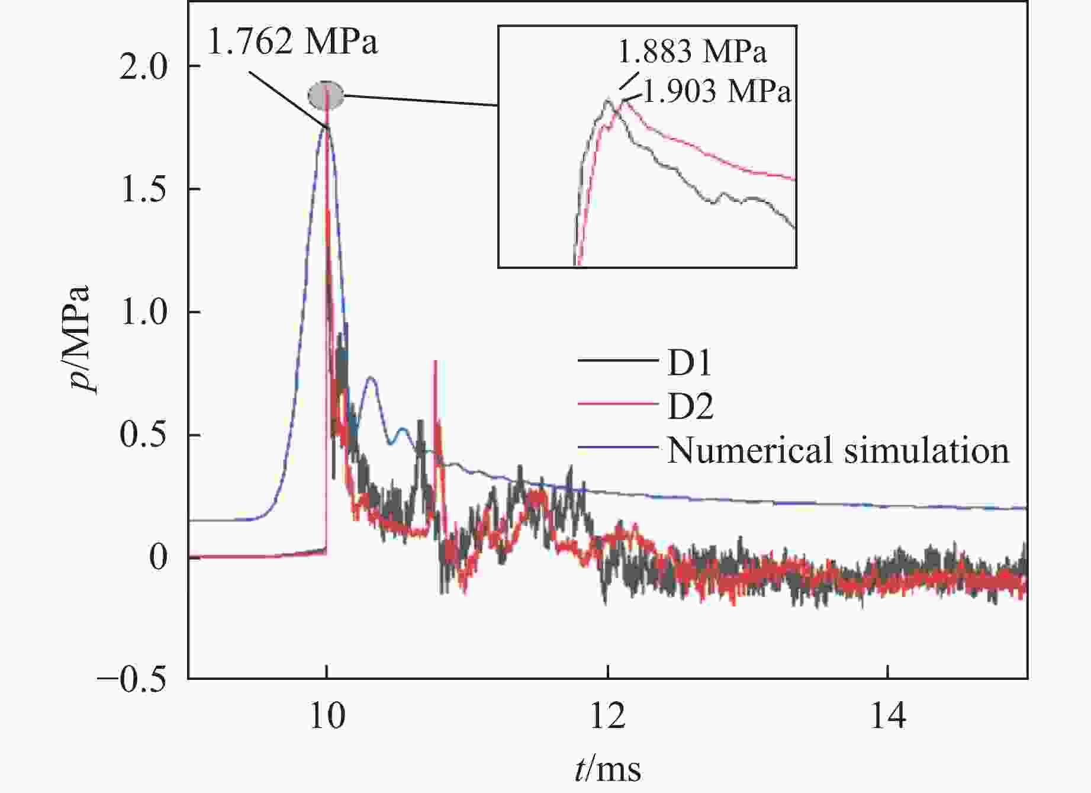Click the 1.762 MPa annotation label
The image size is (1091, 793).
[292, 42]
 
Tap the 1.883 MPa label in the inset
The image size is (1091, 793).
[692, 52]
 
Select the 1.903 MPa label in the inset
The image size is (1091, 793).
[716, 92]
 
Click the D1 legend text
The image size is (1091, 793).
[689, 362]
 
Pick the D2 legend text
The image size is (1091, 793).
[690, 406]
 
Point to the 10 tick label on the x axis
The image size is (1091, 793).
[326, 717]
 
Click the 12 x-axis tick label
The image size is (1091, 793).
[607, 717]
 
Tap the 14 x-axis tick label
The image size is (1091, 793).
[888, 717]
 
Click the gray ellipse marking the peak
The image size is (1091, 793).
[326, 95]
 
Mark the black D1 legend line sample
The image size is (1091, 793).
[618, 361]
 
